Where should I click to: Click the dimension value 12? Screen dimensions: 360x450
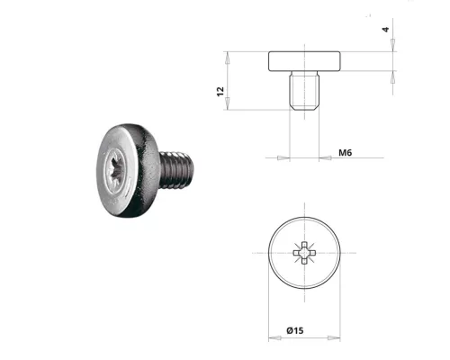(x=220, y=93)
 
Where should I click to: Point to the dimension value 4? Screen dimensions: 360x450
(x=386, y=29)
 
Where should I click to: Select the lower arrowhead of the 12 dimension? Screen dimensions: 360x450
(x=230, y=105)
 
